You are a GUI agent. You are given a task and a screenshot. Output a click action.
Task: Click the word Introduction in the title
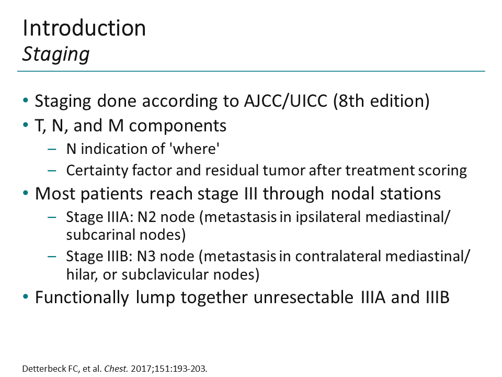coord(84,28)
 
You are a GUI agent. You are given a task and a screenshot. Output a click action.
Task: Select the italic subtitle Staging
coord(56,54)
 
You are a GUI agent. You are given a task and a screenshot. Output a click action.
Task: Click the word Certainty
coord(90,170)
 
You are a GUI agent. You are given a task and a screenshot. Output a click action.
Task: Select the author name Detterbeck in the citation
coord(40,369)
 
